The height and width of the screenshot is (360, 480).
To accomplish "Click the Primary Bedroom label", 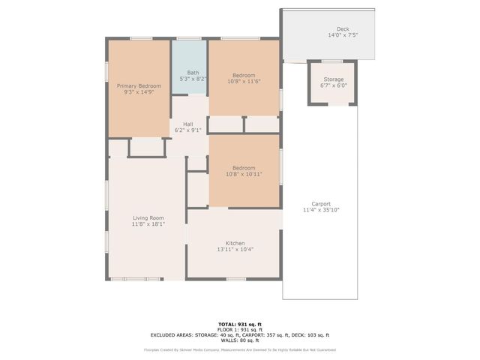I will point(139,86).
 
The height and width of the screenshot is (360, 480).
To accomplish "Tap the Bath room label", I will point(193,72).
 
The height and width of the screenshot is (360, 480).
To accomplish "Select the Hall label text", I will point(187,124).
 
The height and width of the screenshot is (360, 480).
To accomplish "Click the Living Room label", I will point(148,217).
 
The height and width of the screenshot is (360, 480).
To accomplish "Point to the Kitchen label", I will point(235,243).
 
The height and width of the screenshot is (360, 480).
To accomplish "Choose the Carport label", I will point(321,204).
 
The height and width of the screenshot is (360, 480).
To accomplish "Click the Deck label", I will point(343,28).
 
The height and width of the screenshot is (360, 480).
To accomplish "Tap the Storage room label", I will point(334,79).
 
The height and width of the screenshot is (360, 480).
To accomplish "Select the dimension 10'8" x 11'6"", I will point(244,82).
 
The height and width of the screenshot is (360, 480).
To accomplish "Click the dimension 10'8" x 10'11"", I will point(244,173).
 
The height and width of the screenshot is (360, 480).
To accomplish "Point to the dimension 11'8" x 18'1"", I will point(148,223).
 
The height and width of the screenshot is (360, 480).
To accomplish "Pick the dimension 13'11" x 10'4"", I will point(235,249).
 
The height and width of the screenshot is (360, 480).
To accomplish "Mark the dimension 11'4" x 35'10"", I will point(321,210).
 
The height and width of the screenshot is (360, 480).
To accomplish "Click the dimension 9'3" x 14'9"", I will point(139,92).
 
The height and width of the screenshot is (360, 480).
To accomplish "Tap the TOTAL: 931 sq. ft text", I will point(239,324).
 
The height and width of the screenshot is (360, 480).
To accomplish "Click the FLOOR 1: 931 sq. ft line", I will point(239,329).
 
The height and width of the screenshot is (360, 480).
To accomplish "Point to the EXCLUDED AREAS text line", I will point(239,334).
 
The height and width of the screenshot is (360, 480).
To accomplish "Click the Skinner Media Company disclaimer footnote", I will point(239,349).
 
